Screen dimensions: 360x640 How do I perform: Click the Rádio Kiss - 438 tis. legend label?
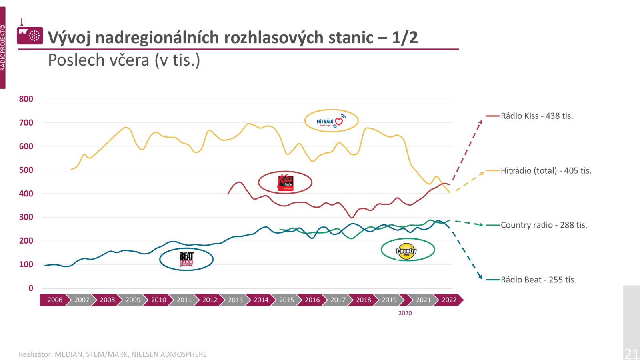(537, 116)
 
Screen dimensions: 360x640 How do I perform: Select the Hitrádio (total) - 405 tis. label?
(546, 171)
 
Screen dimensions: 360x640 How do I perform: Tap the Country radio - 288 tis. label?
(544, 225)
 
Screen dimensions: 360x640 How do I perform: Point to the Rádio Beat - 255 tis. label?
(538, 280)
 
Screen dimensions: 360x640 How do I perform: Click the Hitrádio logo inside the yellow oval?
(331, 121)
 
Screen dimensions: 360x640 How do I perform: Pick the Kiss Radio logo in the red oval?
(285, 182)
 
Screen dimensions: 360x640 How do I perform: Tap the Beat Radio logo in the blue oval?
(186, 259)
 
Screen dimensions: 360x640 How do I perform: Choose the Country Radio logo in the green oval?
(406, 251)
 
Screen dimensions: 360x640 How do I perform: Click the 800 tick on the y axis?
(26, 99)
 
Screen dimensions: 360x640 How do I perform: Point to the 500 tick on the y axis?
(26, 170)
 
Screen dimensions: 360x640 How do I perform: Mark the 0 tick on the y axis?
(31, 288)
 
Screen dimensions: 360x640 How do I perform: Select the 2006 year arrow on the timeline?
(55, 300)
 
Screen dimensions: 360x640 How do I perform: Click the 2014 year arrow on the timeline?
(261, 300)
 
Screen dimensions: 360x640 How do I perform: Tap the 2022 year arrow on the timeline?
(449, 300)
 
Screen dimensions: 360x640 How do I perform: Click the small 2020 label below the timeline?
(405, 313)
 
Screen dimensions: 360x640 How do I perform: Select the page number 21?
(632, 354)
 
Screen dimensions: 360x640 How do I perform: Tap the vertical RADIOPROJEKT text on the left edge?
(3, 48)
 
